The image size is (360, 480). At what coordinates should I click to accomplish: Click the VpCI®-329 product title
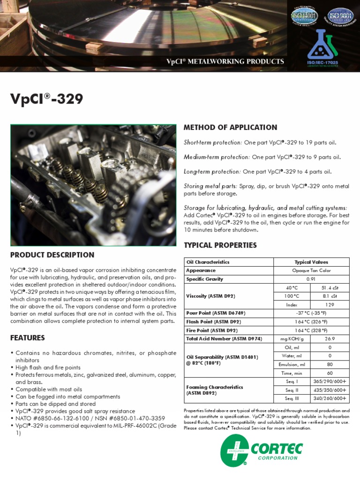click(x=47, y=99)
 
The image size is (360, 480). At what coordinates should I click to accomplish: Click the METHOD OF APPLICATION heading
click(x=230, y=127)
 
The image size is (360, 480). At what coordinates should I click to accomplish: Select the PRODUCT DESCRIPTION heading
click(x=52, y=255)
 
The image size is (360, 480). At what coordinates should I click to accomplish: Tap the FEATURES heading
click(x=28, y=338)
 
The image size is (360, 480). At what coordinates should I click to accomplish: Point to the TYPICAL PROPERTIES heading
click(x=220, y=245)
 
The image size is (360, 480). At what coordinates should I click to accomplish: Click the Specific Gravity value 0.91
click(x=311, y=279)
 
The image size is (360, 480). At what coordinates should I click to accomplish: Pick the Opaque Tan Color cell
click(x=311, y=270)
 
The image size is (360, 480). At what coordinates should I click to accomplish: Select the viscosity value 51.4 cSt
click(x=330, y=288)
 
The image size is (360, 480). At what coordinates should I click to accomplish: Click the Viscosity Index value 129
click(x=330, y=305)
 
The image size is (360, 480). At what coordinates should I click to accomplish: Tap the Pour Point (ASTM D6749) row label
click(x=216, y=313)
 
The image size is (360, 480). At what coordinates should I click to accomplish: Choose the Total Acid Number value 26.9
click(x=330, y=338)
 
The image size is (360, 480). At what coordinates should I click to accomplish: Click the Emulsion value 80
click(x=330, y=364)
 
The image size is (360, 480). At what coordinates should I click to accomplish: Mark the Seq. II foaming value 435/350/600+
click(x=330, y=390)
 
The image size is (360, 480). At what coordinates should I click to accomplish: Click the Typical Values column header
click(x=311, y=262)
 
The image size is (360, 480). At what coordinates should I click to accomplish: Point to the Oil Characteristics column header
click(x=208, y=262)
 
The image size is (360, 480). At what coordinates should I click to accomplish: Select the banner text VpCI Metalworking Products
click(x=225, y=61)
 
